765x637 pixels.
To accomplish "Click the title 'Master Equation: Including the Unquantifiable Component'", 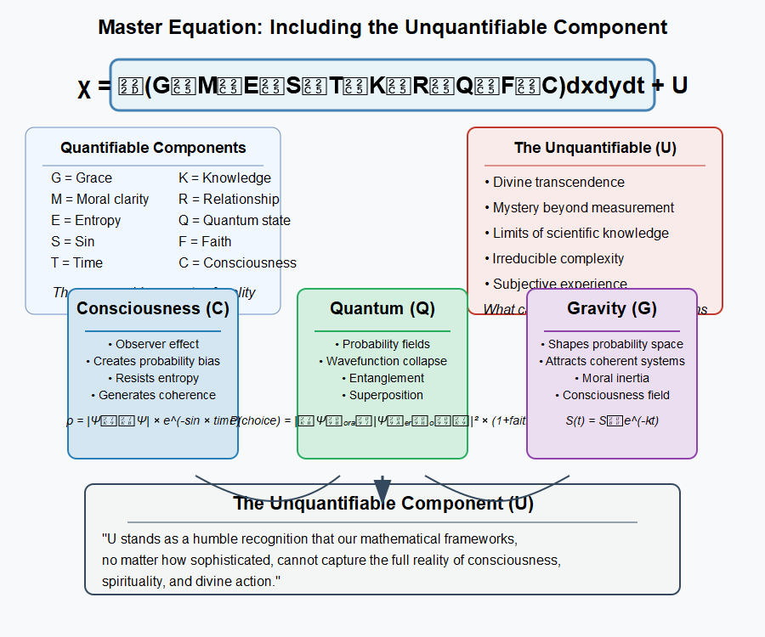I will [382, 26].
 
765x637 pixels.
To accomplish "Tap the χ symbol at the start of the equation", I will [84, 87].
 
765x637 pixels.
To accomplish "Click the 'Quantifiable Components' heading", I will [153, 148].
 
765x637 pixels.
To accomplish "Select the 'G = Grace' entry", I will [82, 178].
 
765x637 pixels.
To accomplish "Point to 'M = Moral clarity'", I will [99, 199].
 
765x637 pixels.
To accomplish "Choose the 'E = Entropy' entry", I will [86, 220].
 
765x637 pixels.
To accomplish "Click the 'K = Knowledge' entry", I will [224, 178].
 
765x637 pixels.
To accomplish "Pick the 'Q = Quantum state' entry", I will [234, 220].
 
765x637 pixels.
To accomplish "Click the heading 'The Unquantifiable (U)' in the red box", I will [595, 148].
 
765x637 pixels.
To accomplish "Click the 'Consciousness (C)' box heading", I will [153, 308].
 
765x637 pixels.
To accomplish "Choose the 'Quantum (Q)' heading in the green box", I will [382, 308].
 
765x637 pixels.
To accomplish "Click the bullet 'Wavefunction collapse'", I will [387, 361].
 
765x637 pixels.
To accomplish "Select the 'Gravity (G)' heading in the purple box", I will [612, 308].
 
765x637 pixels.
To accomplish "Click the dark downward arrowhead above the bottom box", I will [382, 489].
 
